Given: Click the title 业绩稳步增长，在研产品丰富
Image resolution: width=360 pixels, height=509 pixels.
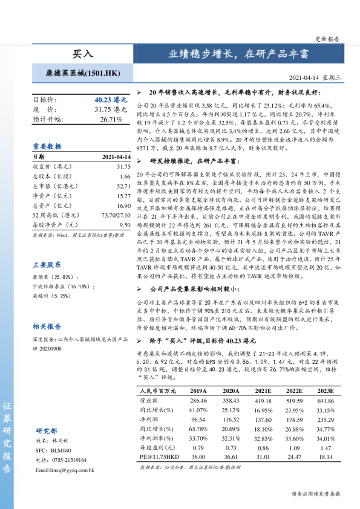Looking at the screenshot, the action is click(238, 53).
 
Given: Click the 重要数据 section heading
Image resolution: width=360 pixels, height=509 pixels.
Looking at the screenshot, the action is click(47, 146).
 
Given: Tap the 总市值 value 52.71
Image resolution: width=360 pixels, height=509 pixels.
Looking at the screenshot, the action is click(123, 186).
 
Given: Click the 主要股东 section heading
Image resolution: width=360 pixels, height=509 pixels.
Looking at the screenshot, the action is click(47, 264).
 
